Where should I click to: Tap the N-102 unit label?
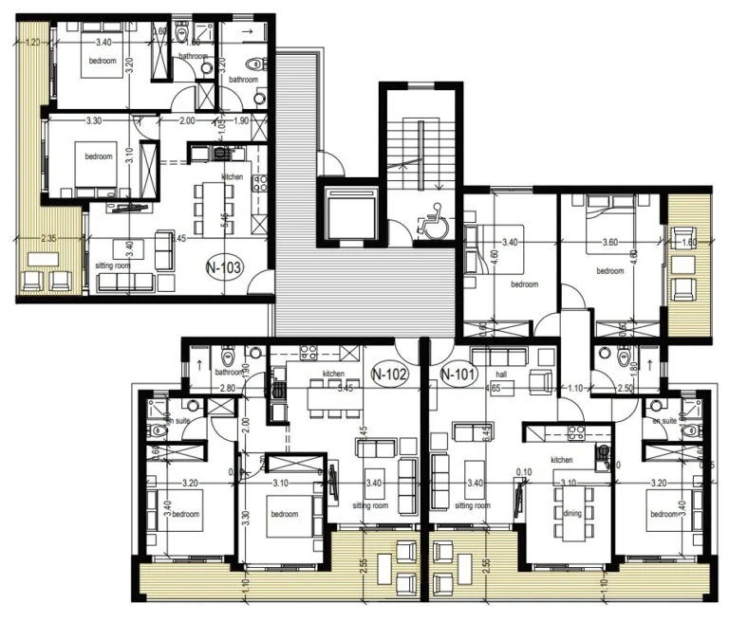point(389,374)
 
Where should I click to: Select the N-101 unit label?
point(459,374)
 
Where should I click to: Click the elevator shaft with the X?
point(351,210)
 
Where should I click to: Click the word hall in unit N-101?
point(502,376)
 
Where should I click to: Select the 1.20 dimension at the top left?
point(32,42)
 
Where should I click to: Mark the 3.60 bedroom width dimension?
point(610,244)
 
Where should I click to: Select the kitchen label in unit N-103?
point(232,177)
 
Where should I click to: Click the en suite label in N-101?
point(662,418)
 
